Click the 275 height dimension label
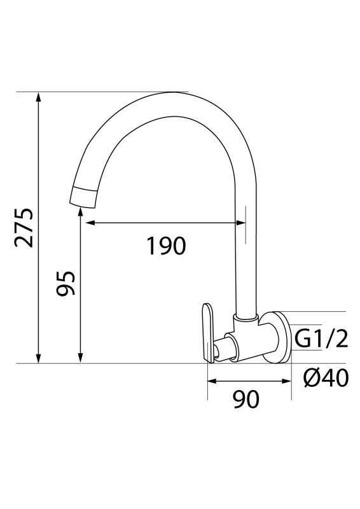point(24,227)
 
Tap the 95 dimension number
point(66,284)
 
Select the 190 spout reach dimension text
point(166,246)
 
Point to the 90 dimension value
point(246,400)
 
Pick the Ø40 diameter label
point(326,379)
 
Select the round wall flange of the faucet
point(278,337)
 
